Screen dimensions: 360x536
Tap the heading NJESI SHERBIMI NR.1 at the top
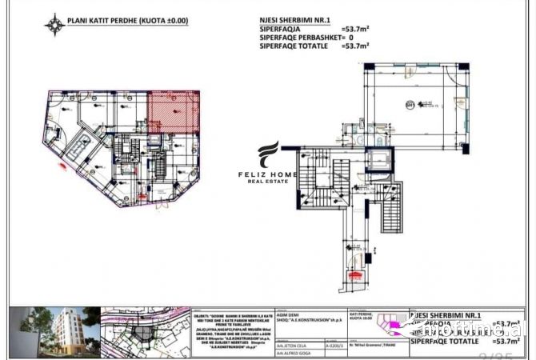click(295, 23)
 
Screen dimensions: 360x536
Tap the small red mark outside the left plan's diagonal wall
click(62, 166)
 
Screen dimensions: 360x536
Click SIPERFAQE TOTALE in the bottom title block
click(442, 342)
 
